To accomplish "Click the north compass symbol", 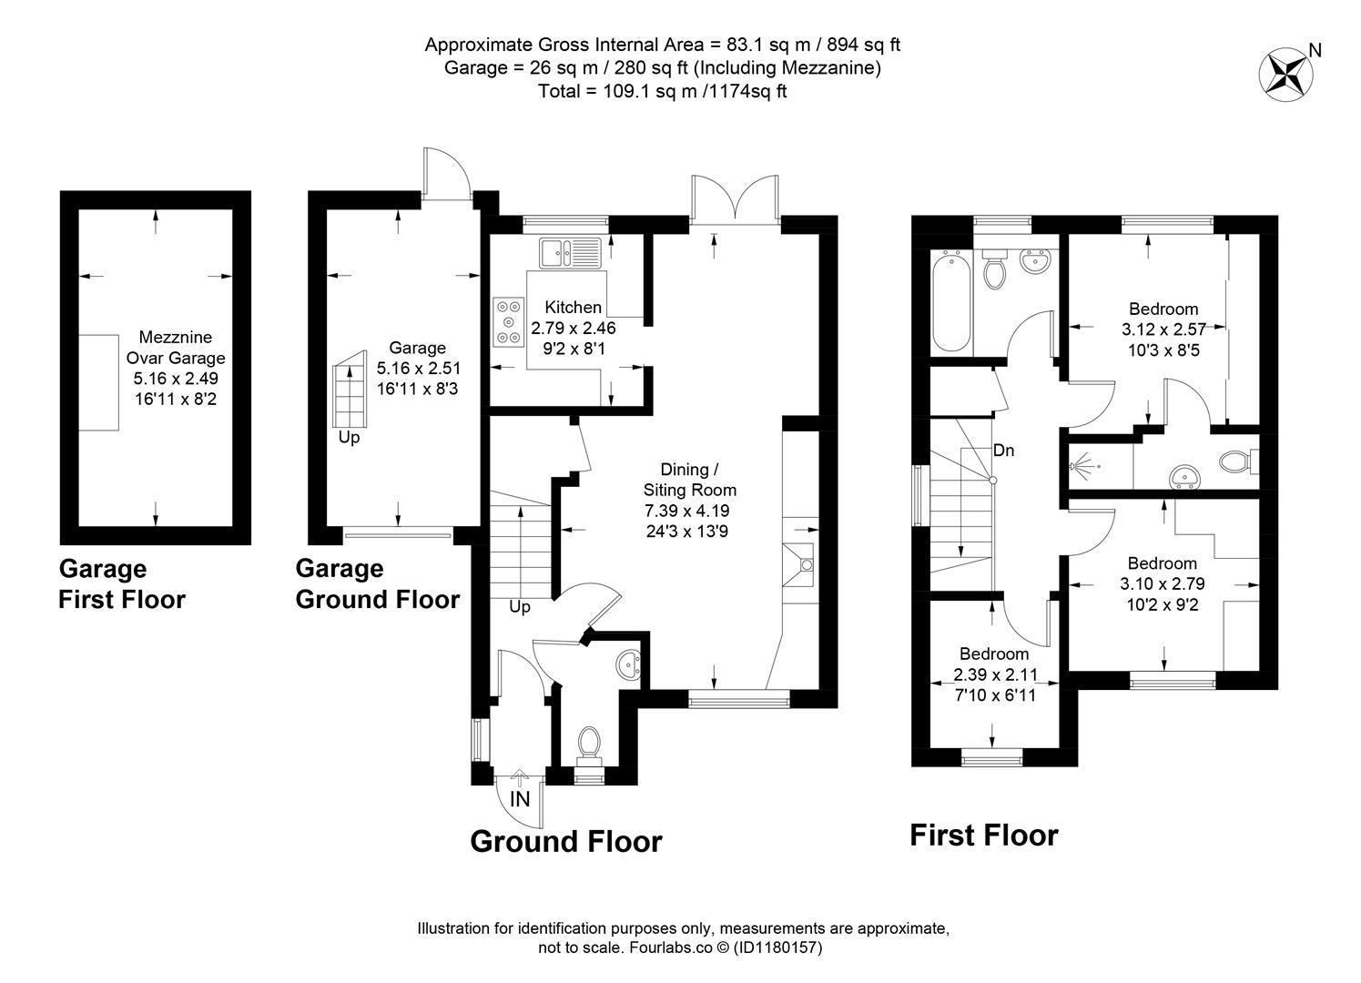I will pos(1284,72).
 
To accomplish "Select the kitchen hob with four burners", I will pos(508,322).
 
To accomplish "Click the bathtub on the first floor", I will pos(950,300).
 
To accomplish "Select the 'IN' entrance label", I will pos(520,799).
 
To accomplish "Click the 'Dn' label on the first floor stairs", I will pos(1003,451).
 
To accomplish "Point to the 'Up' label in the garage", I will pos(349,438).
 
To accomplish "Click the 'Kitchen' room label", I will pos(573,308).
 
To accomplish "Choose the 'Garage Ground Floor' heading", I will pos(377,584).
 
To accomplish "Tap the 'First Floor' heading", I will pos(984,835).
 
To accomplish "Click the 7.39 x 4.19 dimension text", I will pos(687,511).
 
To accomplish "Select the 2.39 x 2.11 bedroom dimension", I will pos(994,675).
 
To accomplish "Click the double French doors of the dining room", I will pos(734,198).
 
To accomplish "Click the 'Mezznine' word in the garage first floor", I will pos(176,338).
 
